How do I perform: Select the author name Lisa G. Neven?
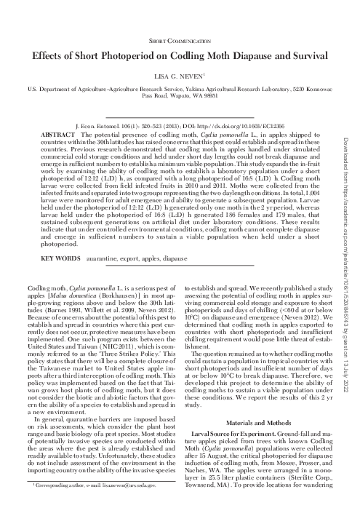click(178, 76)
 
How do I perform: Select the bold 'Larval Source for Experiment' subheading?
click(240, 413)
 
